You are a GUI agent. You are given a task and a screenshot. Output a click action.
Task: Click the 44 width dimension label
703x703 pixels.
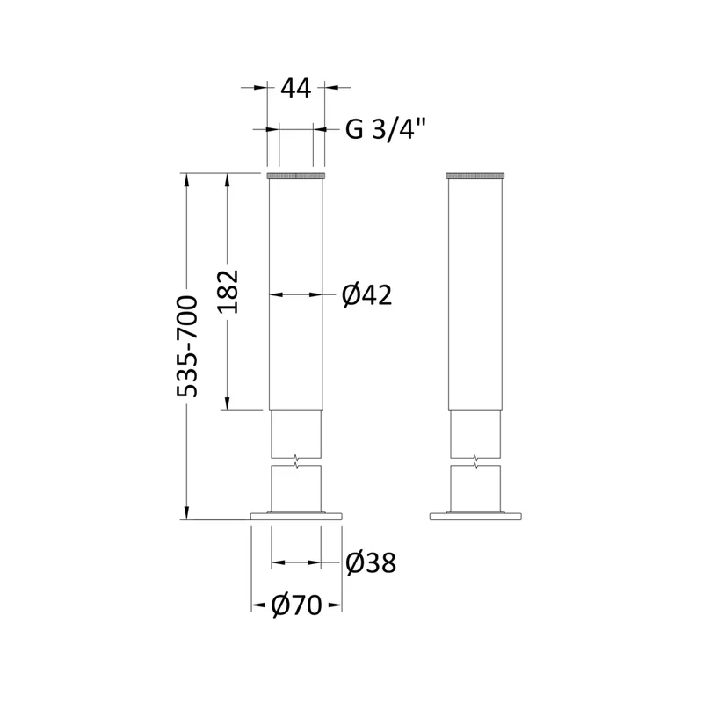[x=296, y=89]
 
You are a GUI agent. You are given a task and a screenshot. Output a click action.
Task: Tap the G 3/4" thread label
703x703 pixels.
[x=384, y=130]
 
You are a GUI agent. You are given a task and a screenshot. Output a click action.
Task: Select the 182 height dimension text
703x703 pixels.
[x=228, y=292]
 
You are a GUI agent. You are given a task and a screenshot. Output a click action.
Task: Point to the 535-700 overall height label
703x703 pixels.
[x=187, y=346]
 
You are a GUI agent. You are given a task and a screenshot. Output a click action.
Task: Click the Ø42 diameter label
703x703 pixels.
[x=366, y=295]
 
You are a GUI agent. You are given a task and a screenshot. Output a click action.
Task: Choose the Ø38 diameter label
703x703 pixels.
[x=371, y=562]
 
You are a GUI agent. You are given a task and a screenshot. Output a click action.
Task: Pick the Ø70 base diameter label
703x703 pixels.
[x=296, y=605]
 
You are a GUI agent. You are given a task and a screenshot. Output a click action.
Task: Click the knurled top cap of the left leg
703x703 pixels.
[x=296, y=175]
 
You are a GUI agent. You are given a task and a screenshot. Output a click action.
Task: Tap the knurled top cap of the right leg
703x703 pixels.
[x=475, y=175]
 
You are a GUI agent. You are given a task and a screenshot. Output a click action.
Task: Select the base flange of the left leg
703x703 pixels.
[x=296, y=517]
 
